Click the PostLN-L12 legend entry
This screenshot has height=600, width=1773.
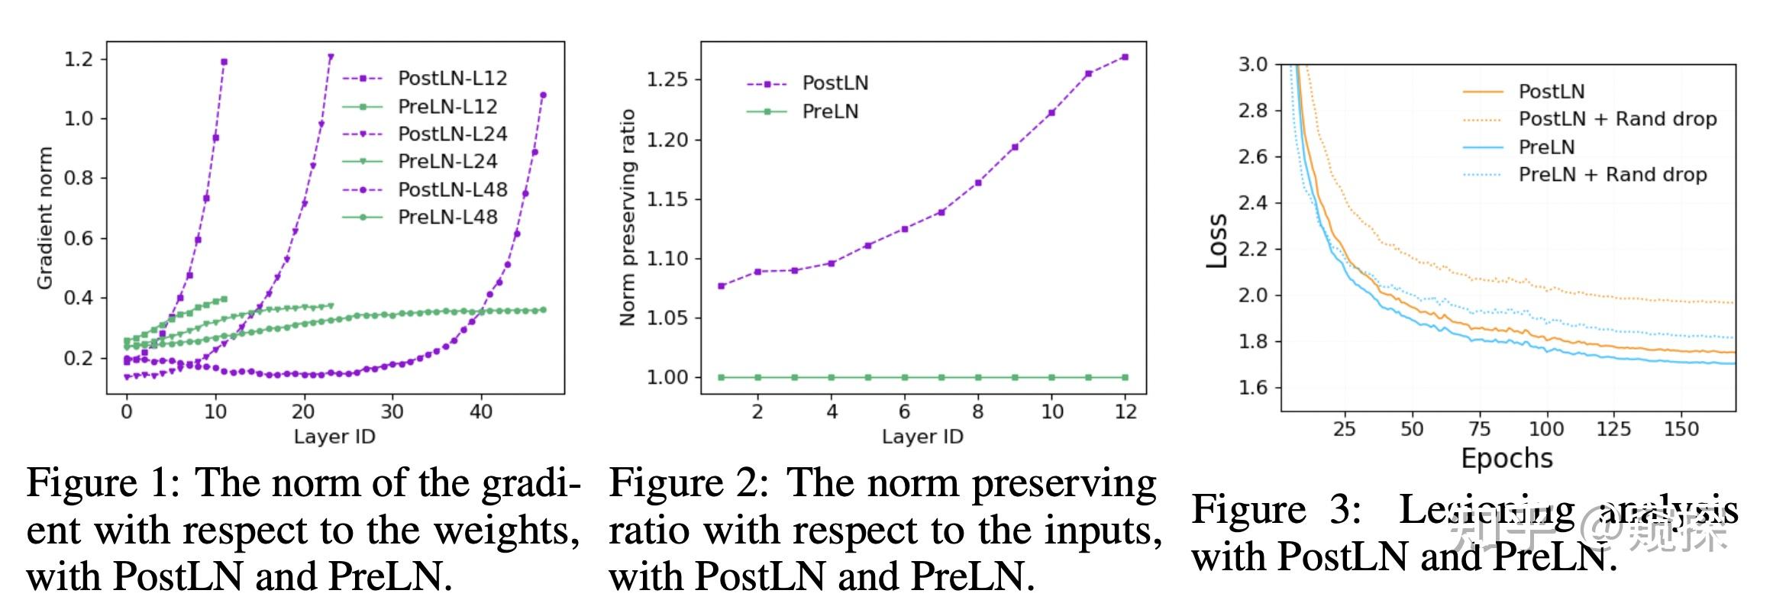(x=452, y=79)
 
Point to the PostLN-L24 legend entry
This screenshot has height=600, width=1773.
(x=452, y=134)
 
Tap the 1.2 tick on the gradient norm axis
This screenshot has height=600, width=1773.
(x=79, y=60)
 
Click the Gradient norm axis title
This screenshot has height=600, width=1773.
(x=45, y=218)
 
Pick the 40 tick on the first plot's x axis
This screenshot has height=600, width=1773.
(x=480, y=412)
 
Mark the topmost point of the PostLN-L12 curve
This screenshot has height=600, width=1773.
(x=224, y=62)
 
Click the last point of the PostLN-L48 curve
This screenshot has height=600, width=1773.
(x=543, y=95)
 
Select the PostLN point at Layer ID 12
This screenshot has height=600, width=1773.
(x=1125, y=57)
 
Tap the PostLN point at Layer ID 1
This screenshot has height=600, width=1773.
(x=722, y=285)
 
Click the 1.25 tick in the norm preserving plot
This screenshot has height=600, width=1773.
(x=667, y=80)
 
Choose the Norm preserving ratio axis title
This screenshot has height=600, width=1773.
(x=628, y=218)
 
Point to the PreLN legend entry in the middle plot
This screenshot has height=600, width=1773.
(x=830, y=112)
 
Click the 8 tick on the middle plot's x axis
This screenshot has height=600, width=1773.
(x=977, y=412)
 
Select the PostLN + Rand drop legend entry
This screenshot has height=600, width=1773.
(x=1616, y=119)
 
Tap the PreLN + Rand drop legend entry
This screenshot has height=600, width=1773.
(x=1612, y=175)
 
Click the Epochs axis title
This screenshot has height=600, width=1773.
(x=1507, y=458)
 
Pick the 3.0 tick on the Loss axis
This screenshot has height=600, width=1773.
(x=1252, y=65)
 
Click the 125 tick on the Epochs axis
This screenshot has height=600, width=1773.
(x=1613, y=429)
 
